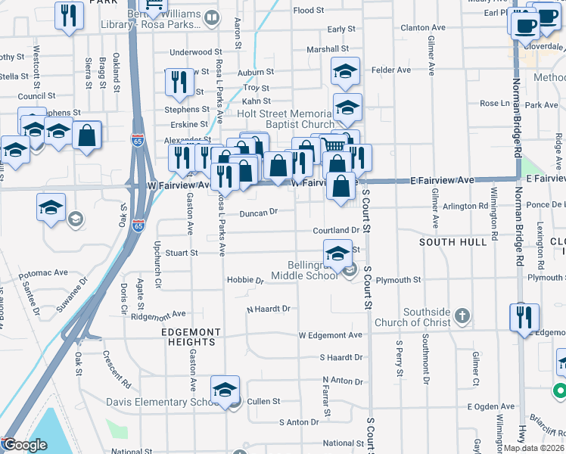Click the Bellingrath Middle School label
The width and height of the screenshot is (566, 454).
pos(313,270)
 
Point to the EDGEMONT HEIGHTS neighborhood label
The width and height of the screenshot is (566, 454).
pos(191,337)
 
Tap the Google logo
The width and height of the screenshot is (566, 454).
pos(24,445)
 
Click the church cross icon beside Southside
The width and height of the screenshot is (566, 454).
pos(463,314)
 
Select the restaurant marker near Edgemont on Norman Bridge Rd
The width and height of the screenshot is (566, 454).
pos(524,318)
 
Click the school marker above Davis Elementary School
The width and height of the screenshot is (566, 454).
pos(225,389)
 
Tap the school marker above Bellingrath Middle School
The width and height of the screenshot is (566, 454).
pos(337,252)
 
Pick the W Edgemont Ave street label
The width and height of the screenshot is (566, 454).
pos(331,335)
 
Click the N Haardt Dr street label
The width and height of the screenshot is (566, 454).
pos(269,309)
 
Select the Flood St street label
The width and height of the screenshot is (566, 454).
pos(309,11)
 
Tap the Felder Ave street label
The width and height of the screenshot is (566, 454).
pos(391,70)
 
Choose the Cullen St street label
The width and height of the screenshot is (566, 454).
pos(264,401)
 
